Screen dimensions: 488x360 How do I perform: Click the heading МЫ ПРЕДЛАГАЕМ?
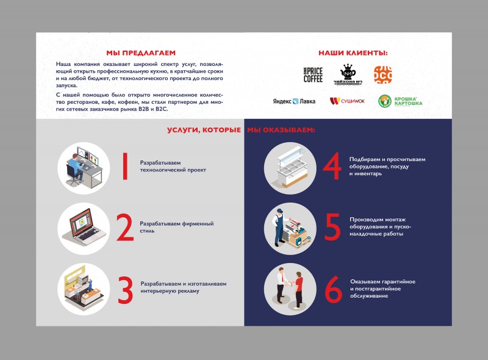141,53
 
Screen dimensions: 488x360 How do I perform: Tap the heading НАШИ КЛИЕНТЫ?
353,53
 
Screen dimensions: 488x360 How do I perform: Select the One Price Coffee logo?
313,74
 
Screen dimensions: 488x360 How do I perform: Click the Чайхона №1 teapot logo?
348,74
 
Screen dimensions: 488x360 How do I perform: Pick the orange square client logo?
383,74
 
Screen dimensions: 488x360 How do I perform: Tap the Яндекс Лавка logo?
294,101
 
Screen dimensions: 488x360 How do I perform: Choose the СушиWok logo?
347,101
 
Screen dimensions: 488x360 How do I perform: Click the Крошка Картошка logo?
400,101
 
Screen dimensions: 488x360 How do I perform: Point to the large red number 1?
125,166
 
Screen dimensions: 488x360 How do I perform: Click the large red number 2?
125,228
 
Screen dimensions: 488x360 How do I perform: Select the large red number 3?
126,290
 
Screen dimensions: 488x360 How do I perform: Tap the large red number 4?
332,166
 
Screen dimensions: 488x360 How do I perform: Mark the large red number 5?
332,227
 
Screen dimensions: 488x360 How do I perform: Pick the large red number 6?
333,289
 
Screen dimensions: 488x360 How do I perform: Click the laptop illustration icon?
84,229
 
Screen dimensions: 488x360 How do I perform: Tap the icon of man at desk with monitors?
84,168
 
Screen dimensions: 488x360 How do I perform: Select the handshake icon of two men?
290,289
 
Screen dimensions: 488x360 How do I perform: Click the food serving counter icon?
290,168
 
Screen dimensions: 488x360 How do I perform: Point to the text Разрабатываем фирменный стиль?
177,227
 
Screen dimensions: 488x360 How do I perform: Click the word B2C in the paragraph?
162,109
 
